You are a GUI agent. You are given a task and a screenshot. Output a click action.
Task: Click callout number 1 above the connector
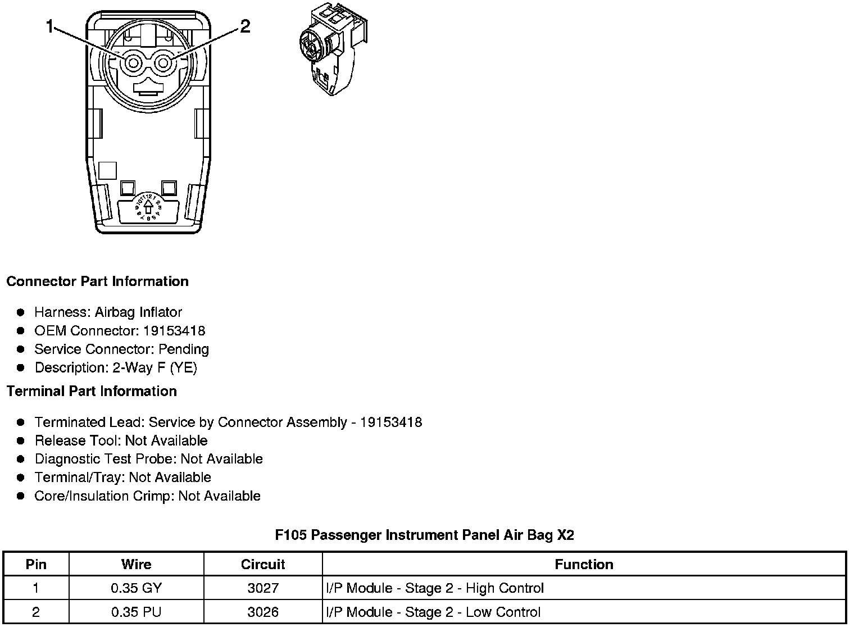point(51,26)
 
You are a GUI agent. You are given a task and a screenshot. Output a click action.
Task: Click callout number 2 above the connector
point(245,26)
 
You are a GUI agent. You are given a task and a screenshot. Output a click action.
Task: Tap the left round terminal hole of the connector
point(133,63)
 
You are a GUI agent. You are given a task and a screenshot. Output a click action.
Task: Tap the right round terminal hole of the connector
point(163,63)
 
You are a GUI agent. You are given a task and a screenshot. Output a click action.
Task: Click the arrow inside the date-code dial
point(148,207)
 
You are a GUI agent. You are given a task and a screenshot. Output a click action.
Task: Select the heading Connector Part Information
point(97,281)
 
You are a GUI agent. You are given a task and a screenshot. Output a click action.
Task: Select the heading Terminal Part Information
point(92,391)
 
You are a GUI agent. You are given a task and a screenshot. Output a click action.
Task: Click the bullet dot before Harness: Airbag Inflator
point(21,312)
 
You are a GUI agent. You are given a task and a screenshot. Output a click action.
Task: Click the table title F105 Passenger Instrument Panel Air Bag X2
point(424,535)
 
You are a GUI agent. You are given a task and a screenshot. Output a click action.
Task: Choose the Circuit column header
point(263,564)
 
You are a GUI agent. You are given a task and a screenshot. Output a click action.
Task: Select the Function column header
point(584,564)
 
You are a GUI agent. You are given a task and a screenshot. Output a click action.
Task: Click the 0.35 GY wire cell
point(136,588)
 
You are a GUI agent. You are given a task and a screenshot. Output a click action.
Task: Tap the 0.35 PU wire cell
point(136,612)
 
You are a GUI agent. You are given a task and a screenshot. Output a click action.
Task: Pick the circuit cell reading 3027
point(263,588)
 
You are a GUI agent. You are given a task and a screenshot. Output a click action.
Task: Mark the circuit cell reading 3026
point(263,612)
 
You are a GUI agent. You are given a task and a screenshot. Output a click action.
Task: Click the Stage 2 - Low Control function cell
point(433,612)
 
